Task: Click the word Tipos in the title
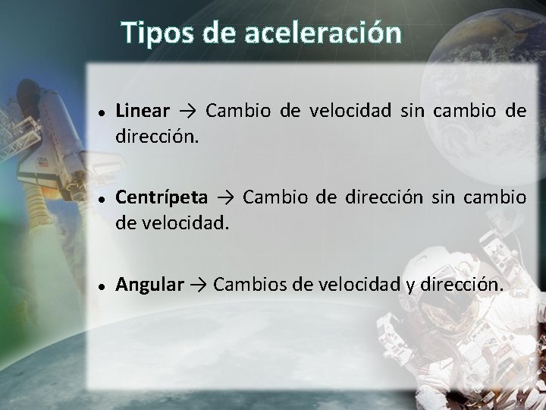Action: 155,33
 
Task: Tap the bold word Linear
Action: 143,111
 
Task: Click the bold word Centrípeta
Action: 161,197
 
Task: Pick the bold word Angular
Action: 149,285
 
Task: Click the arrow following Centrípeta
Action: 225,198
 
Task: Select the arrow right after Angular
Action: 199,285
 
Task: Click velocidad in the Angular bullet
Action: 352,285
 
